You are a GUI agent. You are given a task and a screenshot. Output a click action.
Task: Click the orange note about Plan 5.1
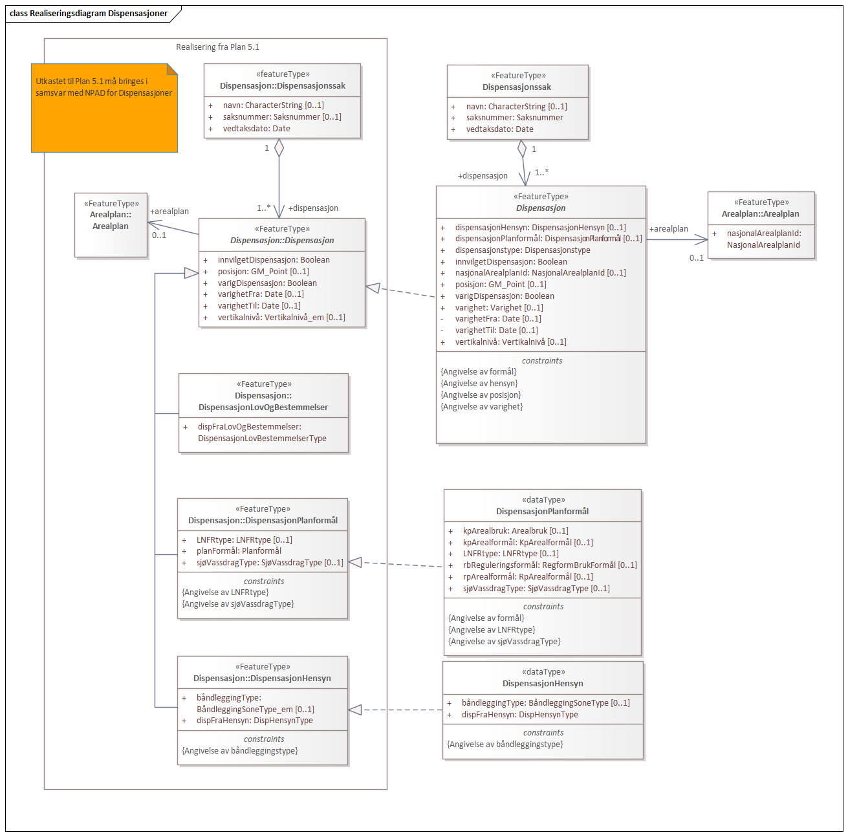104,108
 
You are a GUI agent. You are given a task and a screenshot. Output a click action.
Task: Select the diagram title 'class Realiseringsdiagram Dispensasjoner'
89,14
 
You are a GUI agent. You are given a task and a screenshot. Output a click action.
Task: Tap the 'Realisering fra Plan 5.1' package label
217,47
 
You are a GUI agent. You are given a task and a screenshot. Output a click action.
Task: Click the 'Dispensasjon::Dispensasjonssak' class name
283,86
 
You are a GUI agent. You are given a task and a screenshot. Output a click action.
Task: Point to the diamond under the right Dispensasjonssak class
522,149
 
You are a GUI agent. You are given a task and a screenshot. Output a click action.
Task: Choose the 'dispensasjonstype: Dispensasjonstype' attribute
522,250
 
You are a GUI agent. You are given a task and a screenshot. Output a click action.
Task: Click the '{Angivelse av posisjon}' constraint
481,395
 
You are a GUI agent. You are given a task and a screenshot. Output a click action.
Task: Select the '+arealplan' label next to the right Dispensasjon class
668,229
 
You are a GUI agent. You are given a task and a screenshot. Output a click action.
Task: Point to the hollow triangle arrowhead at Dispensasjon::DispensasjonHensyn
355,710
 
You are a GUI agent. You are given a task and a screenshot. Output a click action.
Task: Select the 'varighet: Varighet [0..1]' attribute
499,308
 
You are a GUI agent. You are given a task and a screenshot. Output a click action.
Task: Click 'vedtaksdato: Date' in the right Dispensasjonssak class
499,129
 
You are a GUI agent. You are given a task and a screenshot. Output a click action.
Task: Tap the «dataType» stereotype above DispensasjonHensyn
543,672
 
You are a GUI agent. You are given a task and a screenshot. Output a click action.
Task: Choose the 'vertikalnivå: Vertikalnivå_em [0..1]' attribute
281,318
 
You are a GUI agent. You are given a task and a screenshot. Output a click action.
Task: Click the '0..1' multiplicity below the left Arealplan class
159,235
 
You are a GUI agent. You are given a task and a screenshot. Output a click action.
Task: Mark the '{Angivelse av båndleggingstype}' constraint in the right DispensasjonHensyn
505,745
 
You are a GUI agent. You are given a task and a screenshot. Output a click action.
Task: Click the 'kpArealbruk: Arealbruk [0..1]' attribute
516,531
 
